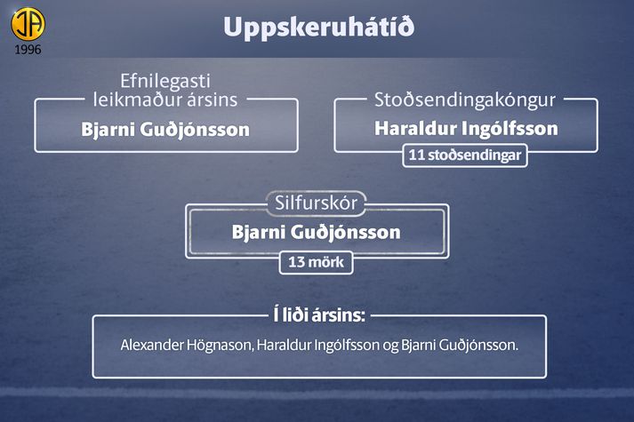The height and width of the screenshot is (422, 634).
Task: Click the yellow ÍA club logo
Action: [x=28, y=23]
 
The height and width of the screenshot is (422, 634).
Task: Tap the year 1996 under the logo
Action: [x=28, y=50]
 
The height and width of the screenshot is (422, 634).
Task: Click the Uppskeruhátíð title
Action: [x=318, y=27]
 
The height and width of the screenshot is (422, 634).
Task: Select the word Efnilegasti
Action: [x=165, y=81]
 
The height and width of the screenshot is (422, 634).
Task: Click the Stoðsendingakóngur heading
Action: [x=465, y=100]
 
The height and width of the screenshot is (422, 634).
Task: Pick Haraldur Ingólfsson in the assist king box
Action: [x=466, y=129]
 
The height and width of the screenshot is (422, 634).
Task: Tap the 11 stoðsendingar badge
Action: [x=465, y=155]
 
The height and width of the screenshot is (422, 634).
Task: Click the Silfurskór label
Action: [x=317, y=203]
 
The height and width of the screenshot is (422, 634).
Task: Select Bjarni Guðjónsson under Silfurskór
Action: [x=317, y=233]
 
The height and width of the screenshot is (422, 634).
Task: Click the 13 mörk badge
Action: [x=317, y=262]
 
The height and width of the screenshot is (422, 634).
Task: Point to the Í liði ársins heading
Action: [x=319, y=315]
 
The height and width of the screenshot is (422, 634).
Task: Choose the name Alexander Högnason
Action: [x=187, y=346]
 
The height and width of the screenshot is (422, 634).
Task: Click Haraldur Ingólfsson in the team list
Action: [x=318, y=346]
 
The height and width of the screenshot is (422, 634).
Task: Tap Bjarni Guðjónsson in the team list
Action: [x=460, y=346]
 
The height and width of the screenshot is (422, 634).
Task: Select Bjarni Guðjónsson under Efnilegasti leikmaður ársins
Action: [x=165, y=130]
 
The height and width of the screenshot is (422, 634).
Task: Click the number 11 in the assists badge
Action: [x=416, y=155]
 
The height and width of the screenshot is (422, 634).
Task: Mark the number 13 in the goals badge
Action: [x=296, y=262]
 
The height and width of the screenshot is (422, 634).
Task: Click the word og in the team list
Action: [x=390, y=346]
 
